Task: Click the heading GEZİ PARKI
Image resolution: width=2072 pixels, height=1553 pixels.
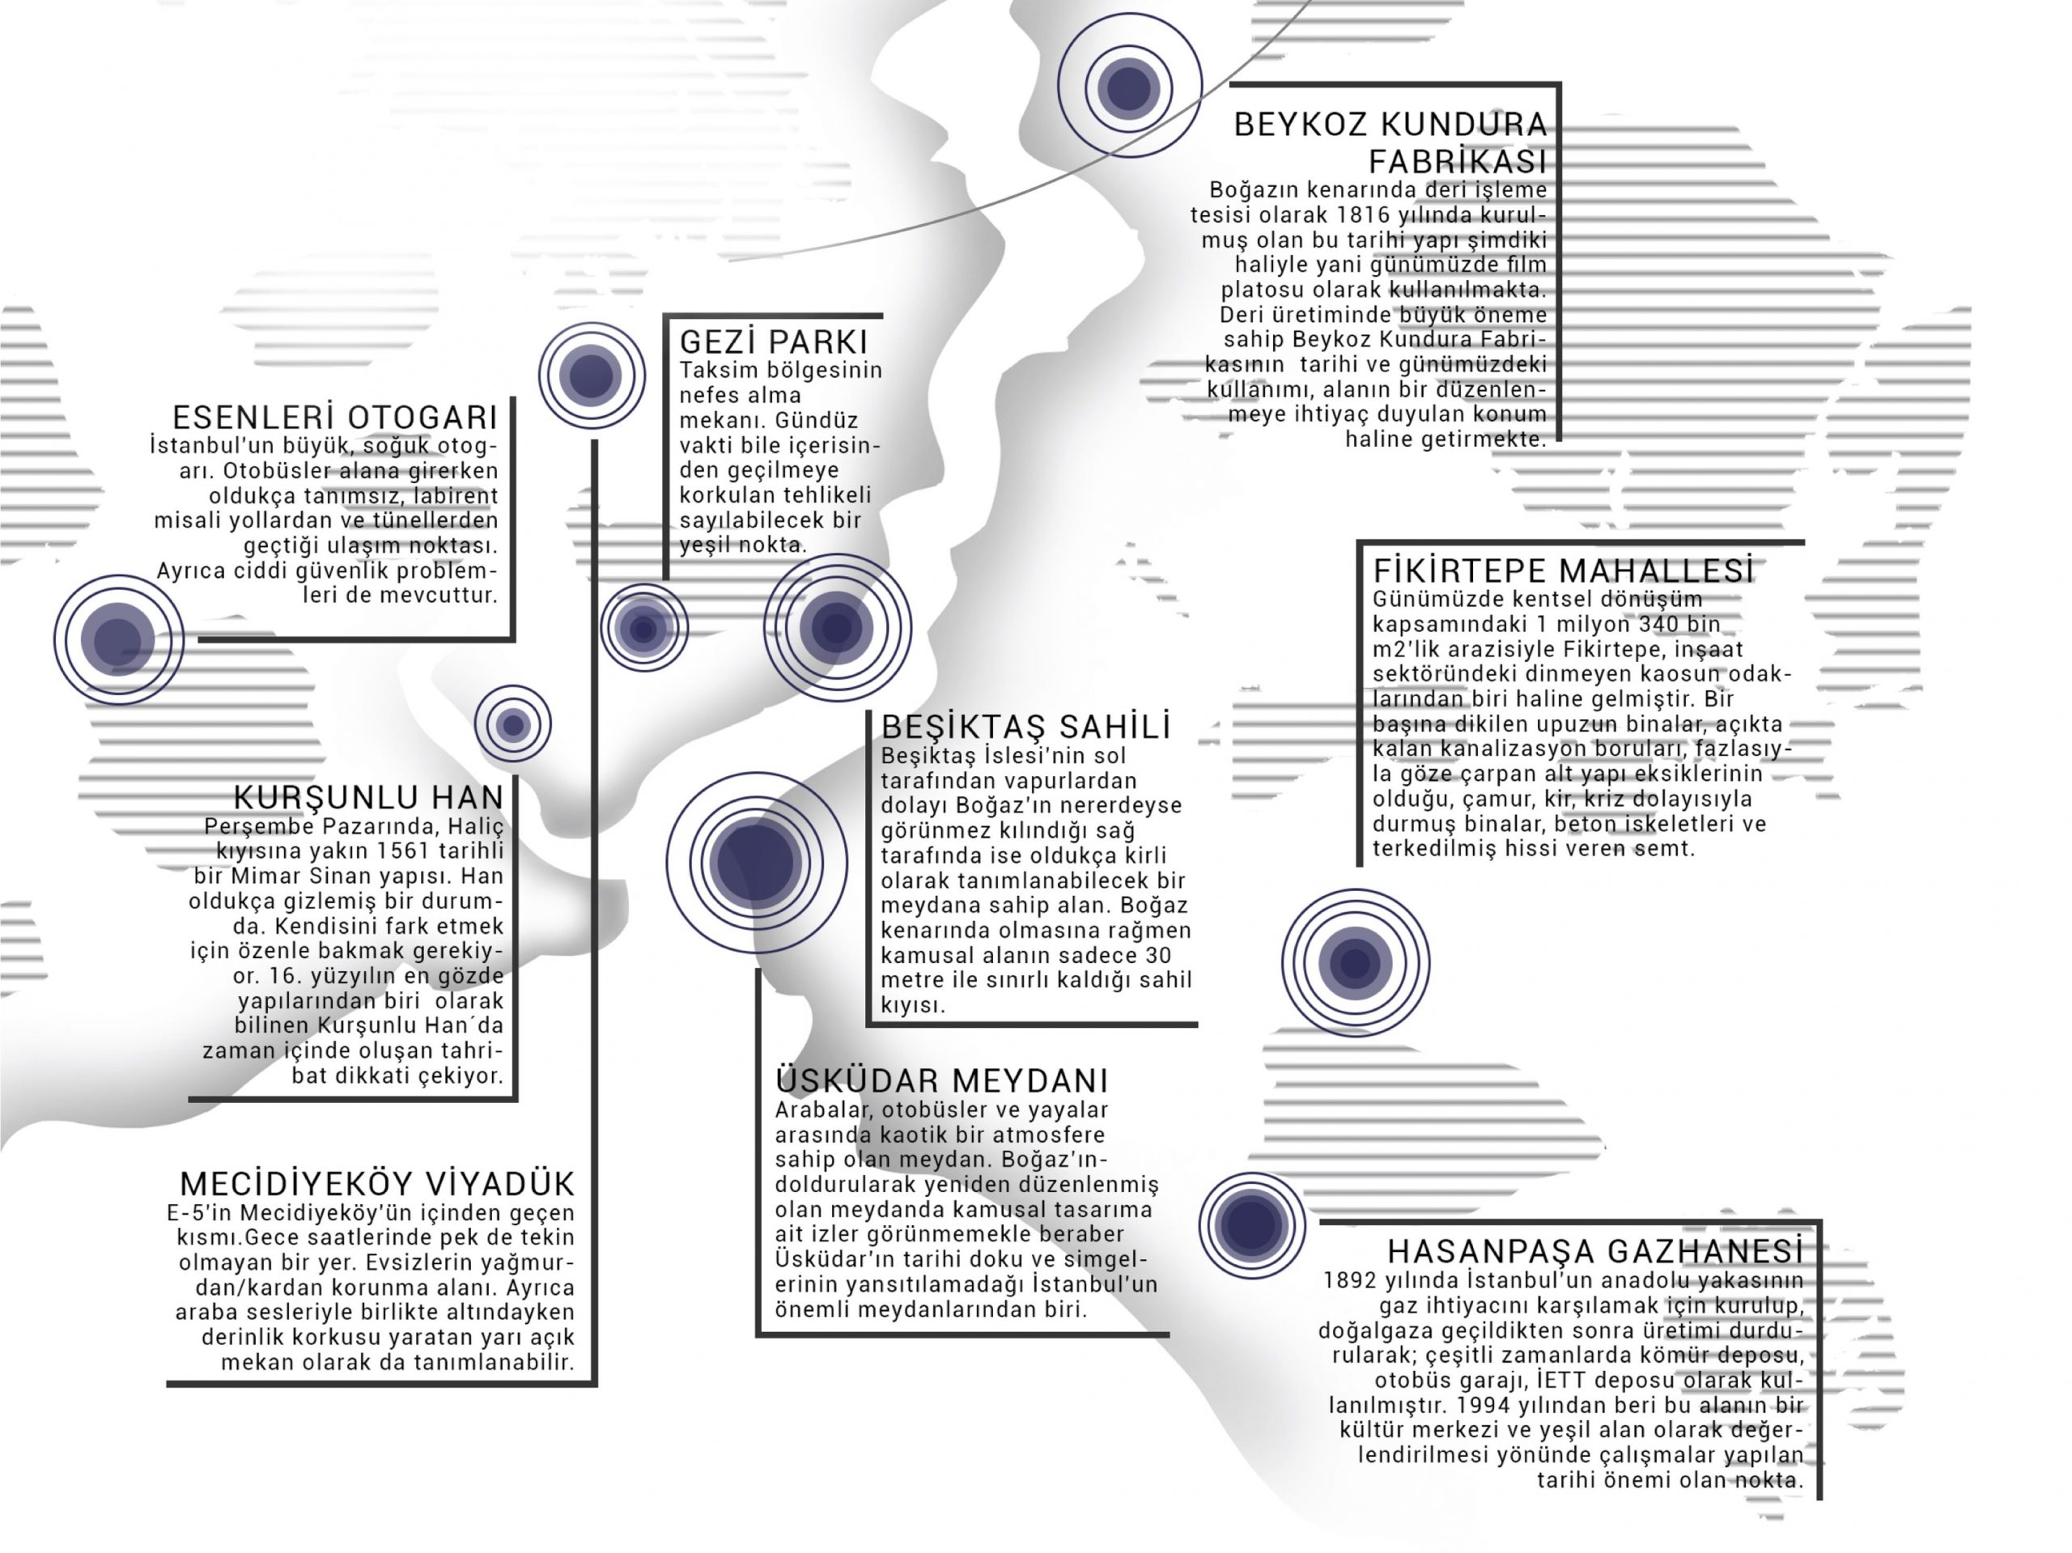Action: [x=774, y=342]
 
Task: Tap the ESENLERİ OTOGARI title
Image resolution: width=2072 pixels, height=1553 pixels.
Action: [x=335, y=417]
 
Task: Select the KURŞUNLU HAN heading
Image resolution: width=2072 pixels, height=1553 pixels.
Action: [x=369, y=797]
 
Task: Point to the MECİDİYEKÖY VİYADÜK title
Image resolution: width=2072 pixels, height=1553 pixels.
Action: [x=377, y=1184]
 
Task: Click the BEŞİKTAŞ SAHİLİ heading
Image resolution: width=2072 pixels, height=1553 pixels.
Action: [x=1025, y=727]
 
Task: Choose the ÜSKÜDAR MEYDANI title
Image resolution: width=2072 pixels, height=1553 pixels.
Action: [x=941, y=1081]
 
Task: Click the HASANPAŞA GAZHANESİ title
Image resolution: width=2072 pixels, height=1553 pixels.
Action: [x=1595, y=1251]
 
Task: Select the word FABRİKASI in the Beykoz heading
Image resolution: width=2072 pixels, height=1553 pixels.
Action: [x=1458, y=162]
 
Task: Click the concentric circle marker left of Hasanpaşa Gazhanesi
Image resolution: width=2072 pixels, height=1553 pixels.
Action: [x=1251, y=1225]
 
